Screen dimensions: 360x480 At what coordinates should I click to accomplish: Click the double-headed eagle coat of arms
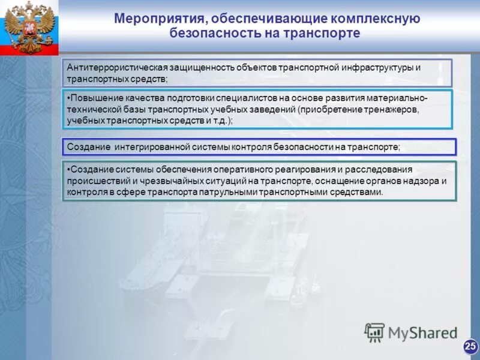29,26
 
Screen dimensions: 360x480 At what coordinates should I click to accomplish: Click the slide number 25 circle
470,346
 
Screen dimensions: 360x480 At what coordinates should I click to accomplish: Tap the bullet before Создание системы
68,170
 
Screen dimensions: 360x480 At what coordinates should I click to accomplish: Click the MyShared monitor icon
375,332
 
